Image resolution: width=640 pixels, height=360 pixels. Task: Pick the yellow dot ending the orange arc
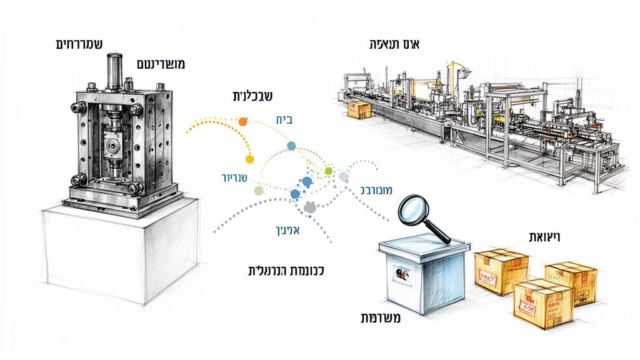click(x=250, y=159)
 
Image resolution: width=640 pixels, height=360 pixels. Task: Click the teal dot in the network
click(x=291, y=146)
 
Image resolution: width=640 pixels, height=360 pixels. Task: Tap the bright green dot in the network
click(x=329, y=171)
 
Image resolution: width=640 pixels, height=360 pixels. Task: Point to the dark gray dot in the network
click(x=310, y=207)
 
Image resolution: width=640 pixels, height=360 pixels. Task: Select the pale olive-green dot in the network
click(x=259, y=190)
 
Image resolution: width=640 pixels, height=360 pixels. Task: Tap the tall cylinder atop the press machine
click(x=114, y=71)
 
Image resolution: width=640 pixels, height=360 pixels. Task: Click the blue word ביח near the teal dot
click(x=284, y=120)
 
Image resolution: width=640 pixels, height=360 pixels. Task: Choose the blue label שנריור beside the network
click(x=227, y=177)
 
